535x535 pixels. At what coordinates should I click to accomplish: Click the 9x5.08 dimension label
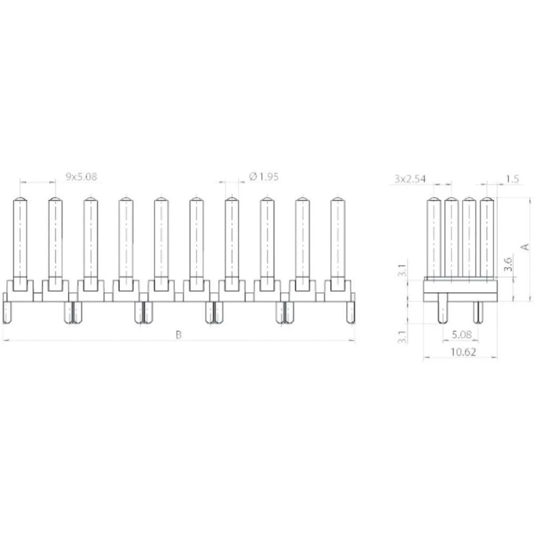click(x=81, y=177)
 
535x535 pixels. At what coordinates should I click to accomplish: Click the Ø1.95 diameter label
click(x=264, y=177)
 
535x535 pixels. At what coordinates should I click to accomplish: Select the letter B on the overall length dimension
click(x=179, y=335)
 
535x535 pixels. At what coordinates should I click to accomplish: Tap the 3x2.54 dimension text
click(x=410, y=179)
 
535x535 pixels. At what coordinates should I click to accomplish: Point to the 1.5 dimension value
click(x=511, y=179)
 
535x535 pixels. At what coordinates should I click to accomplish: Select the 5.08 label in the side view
click(x=461, y=334)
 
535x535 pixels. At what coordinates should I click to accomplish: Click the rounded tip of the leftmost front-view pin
click(x=20, y=201)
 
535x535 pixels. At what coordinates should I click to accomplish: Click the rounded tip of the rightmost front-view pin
click(x=337, y=201)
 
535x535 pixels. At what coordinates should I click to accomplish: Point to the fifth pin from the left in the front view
click(x=161, y=241)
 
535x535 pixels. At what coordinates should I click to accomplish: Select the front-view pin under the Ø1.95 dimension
click(x=231, y=241)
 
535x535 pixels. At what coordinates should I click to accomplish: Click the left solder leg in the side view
click(x=442, y=312)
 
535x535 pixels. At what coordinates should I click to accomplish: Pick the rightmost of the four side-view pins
click(x=487, y=238)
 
